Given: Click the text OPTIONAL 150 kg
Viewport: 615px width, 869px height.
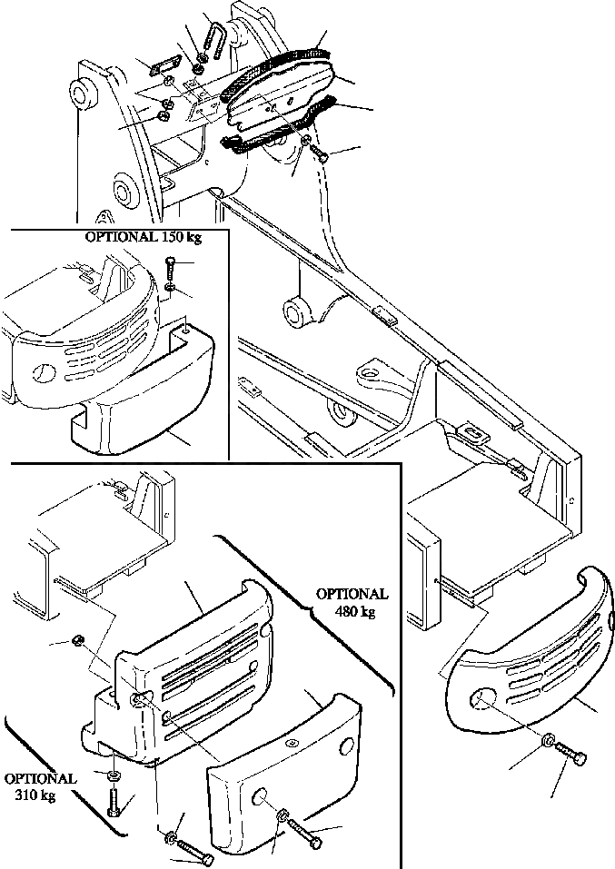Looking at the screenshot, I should [144, 238].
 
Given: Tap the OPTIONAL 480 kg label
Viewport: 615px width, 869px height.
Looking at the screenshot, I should [352, 602].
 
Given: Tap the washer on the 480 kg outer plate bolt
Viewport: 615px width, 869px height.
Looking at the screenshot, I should [284, 815].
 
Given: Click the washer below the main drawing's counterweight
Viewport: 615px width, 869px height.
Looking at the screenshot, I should [549, 741].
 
